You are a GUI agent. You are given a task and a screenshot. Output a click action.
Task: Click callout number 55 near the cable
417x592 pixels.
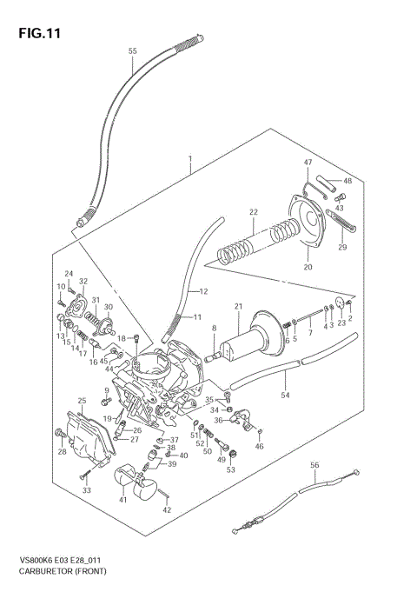pos(133,51)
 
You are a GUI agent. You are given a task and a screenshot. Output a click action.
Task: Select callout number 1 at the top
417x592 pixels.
pos(189,160)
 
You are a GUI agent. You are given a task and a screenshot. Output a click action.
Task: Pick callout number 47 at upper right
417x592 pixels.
pos(307,163)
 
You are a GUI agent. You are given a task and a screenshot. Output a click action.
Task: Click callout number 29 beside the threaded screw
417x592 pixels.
pos(341,248)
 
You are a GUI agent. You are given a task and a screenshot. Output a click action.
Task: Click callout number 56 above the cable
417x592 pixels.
pos(315,465)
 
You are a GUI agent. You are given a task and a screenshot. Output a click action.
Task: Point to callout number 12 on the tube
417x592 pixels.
pos(203,290)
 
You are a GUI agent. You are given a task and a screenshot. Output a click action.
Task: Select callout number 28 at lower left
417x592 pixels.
pos(62,451)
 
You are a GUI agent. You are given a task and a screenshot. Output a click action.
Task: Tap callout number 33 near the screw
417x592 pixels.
pos(86,491)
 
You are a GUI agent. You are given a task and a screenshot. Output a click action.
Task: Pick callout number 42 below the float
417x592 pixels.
pos(167,509)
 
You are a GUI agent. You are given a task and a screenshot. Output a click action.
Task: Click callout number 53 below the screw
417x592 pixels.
pos(230,469)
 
